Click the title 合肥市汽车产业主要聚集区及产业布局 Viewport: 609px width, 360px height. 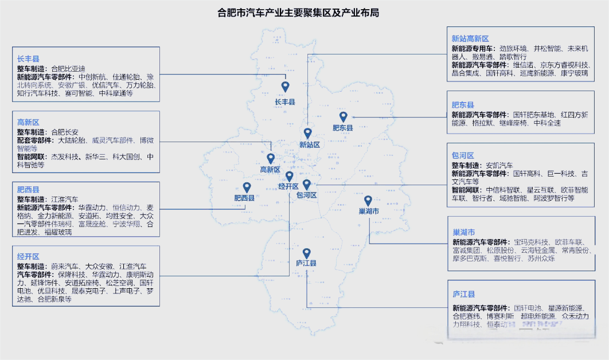pos(299,13)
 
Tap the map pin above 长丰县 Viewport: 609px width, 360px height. pos(285,87)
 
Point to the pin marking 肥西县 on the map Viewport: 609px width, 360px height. pos(247,187)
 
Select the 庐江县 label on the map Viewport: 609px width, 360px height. pos(306,263)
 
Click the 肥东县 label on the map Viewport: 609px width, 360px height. pos(343,128)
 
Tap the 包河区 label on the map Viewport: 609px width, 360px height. pos(306,195)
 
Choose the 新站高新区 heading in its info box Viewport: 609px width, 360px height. pos(470,38)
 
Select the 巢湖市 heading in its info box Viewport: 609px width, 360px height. pos(463,232)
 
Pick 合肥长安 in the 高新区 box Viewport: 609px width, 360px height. pos(65,132)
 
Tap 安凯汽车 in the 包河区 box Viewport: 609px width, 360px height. pos(499,165)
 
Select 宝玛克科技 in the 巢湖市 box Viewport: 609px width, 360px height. pos(531,242)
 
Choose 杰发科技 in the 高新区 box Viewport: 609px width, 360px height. pos(65,156)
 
